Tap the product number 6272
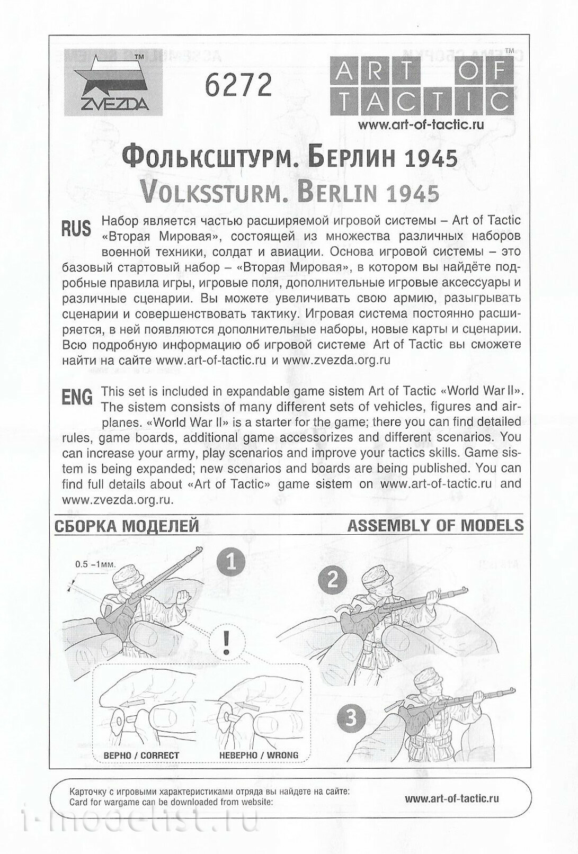(x=238, y=84)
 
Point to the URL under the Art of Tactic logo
(x=421, y=125)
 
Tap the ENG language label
(x=77, y=397)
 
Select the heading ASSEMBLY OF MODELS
(x=435, y=525)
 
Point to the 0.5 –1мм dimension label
(x=95, y=564)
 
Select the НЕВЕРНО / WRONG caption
(x=259, y=755)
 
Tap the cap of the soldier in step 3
(x=430, y=678)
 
